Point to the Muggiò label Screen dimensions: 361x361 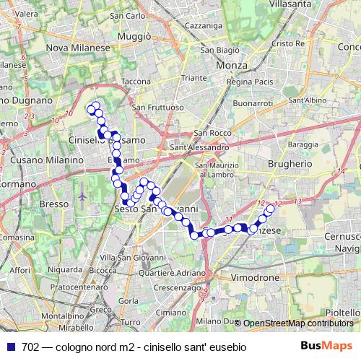[x=134, y=35]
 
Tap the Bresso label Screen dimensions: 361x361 [x=53, y=205]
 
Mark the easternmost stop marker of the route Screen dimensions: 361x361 [x=271, y=209]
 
